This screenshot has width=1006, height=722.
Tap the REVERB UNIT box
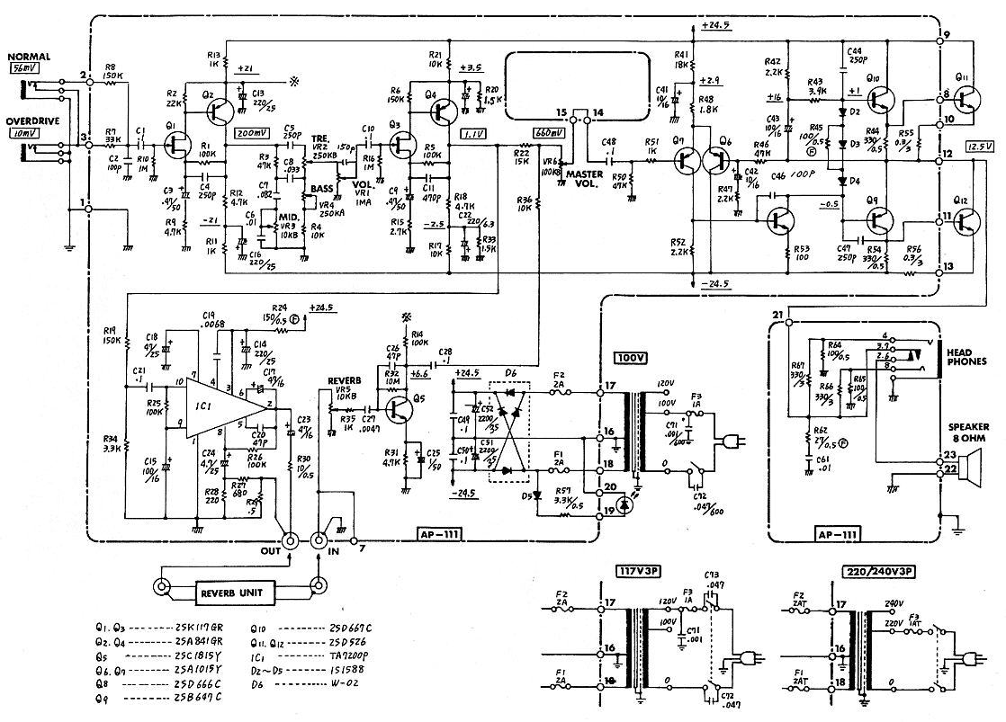pyautogui.click(x=237, y=592)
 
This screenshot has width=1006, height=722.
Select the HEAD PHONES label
pyautogui.click(x=965, y=357)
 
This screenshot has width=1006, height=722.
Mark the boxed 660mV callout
pyautogui.click(x=549, y=132)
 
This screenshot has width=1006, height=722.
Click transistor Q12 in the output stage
pyautogui.click(x=966, y=218)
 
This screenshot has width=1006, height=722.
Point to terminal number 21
pyautogui.click(x=778, y=314)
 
